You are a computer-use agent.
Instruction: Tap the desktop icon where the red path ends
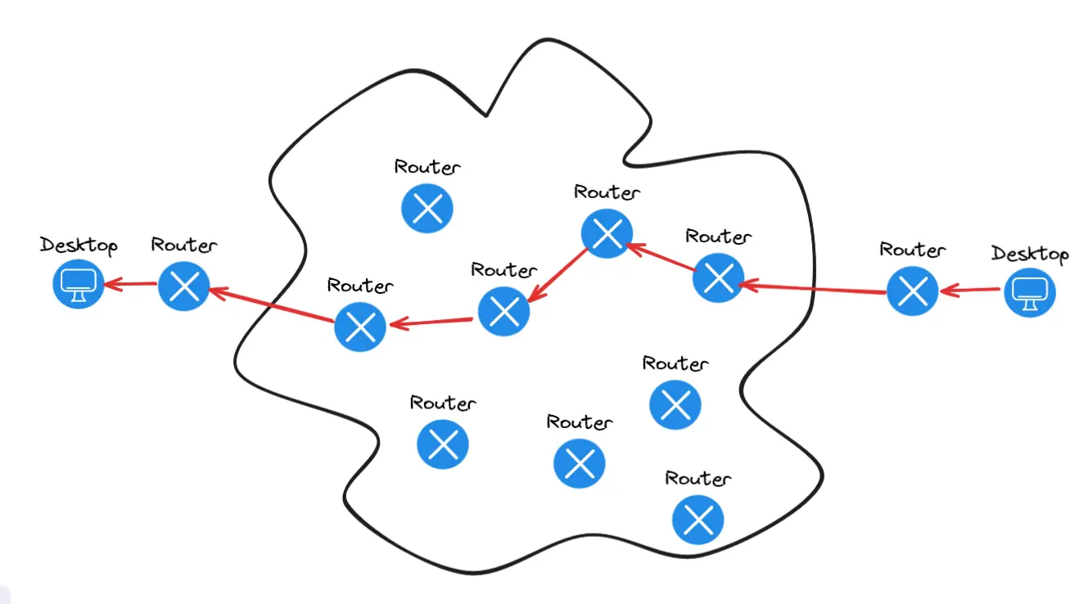pos(79,285)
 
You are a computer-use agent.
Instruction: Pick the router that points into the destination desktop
pos(184,286)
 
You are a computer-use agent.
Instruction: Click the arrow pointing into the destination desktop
pos(131,285)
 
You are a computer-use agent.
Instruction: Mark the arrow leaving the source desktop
pos(971,291)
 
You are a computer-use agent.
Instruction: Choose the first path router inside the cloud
pos(718,277)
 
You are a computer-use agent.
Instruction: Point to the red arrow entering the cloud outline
pos(813,286)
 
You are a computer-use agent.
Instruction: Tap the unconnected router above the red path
pos(427,209)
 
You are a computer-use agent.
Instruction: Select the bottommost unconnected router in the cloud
pos(698,519)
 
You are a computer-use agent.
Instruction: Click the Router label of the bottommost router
pos(698,479)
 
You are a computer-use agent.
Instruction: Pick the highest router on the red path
pos(607,234)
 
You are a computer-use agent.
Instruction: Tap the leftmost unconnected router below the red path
pos(443,444)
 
